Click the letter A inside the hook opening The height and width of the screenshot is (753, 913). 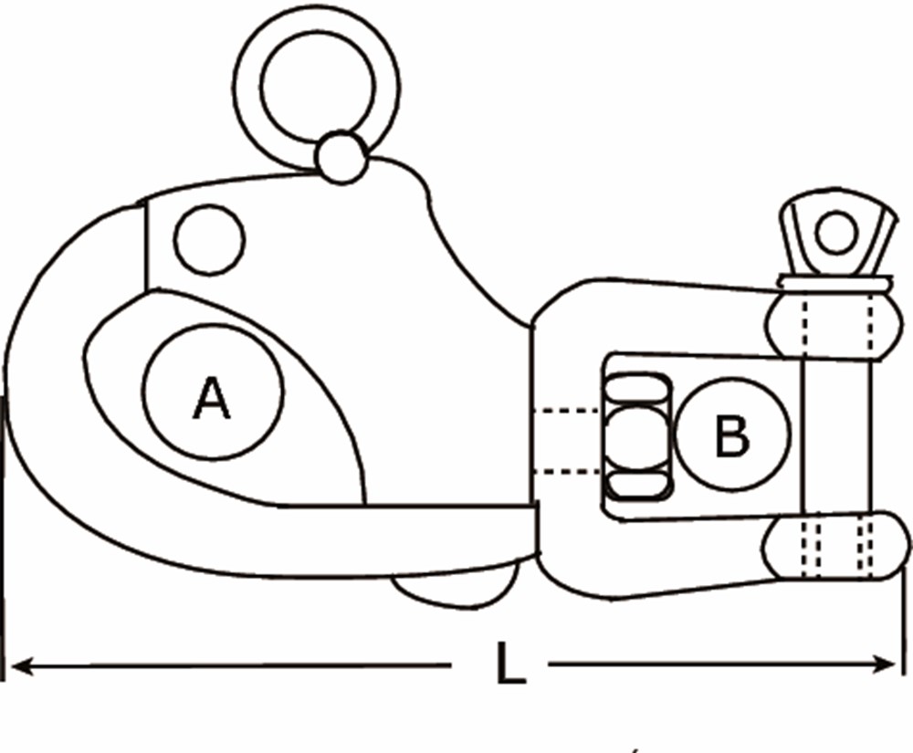click(x=212, y=398)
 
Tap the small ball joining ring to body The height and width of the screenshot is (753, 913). click(x=341, y=157)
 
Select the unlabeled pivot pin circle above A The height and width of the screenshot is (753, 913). click(x=209, y=240)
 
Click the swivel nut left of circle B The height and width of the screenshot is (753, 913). click(x=636, y=435)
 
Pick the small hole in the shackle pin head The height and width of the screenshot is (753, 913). click(x=835, y=234)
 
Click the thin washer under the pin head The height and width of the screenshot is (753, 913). click(x=833, y=284)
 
